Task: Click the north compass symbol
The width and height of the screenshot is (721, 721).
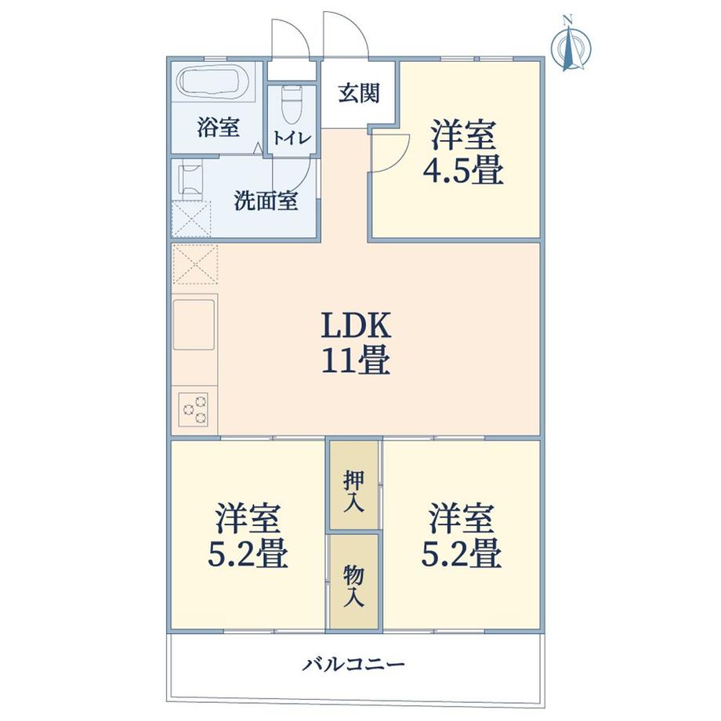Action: (571, 47)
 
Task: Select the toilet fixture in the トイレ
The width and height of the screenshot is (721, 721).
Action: (292, 104)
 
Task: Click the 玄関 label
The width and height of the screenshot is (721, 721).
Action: (359, 93)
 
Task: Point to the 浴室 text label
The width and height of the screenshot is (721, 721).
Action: (218, 128)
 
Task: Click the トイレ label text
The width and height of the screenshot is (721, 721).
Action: (292, 138)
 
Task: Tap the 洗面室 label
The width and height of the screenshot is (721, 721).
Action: (266, 201)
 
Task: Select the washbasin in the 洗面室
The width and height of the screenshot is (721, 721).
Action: (191, 179)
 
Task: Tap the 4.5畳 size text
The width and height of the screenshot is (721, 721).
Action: (462, 171)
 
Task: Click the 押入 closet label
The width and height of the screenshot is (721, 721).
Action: (353, 491)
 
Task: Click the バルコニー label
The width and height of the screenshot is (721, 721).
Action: (354, 665)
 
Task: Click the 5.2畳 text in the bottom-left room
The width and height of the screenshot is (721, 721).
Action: (247, 555)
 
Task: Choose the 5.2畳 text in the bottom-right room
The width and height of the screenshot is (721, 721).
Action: (461, 555)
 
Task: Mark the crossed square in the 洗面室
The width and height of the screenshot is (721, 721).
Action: (192, 219)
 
